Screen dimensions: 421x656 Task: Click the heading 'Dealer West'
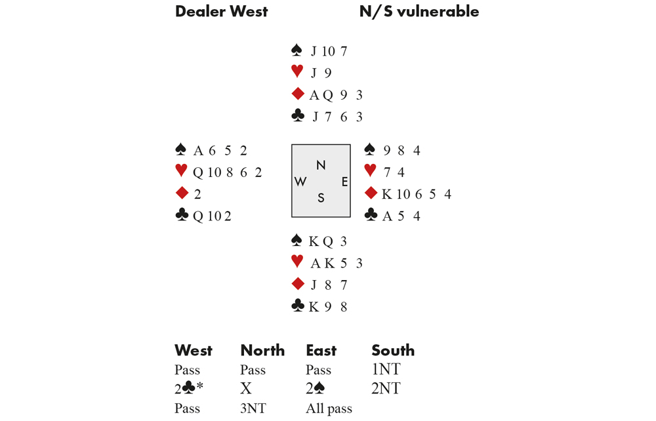click(x=221, y=12)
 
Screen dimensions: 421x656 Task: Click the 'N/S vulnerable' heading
click(x=419, y=12)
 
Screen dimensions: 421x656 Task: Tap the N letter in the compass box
click(x=321, y=165)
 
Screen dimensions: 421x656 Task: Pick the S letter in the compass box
click(x=321, y=198)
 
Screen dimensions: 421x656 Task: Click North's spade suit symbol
click(x=297, y=50)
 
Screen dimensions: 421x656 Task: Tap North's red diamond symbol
click(x=297, y=94)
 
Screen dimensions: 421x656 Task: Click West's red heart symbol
click(x=182, y=172)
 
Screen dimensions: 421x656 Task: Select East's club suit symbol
click(x=371, y=215)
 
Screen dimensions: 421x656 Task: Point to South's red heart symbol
click(x=297, y=263)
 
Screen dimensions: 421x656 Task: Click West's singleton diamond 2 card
click(x=197, y=194)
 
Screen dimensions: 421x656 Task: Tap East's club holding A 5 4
click(x=401, y=216)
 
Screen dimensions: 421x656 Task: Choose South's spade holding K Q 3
click(x=329, y=241)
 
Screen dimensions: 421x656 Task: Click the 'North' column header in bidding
click(x=262, y=351)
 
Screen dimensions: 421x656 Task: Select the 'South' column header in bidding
click(x=393, y=351)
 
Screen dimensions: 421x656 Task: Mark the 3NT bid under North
click(x=255, y=409)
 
